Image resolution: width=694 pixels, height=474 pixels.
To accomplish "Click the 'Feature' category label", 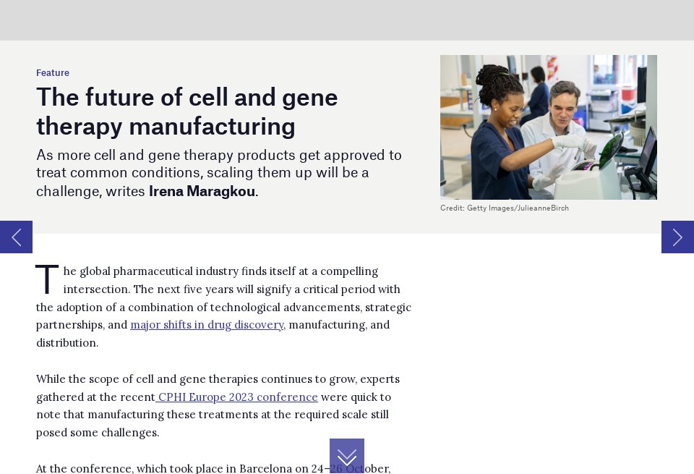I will [53, 73].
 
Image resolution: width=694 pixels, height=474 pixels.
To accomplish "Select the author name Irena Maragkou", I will [202, 192].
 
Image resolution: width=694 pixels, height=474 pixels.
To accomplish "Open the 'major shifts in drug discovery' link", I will [207, 325].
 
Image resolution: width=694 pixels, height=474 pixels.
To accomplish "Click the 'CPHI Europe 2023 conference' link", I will [238, 397].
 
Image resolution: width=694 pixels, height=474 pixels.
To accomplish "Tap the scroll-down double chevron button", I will [347, 456].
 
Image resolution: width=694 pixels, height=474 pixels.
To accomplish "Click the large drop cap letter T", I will [47, 281].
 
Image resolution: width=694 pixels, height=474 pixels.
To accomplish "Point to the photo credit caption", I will [505, 208].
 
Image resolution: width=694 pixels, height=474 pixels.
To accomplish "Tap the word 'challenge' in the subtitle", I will [68, 192].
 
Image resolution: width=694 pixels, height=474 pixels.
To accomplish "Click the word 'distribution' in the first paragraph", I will [67, 343].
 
